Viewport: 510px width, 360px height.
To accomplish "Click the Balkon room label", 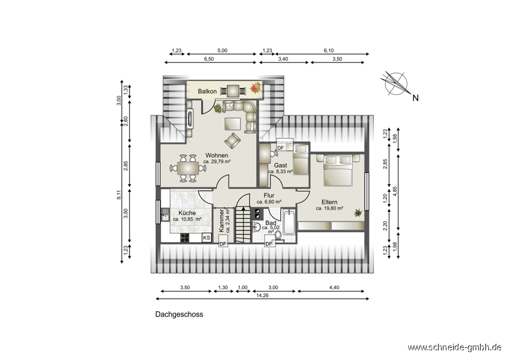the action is click(x=207, y=91).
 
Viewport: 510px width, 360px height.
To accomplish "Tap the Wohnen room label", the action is click(x=217, y=155).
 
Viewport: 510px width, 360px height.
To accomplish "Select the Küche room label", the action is click(x=187, y=213).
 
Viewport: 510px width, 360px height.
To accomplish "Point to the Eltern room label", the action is click(x=329, y=202).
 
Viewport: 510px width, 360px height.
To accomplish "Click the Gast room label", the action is click(x=280, y=165).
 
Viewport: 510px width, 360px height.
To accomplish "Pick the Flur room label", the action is click(x=269, y=196).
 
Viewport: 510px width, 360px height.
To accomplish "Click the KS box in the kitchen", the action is click(x=206, y=238).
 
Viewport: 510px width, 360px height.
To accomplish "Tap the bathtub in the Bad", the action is click(x=289, y=223).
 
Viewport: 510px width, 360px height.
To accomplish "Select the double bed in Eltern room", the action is click(x=338, y=170).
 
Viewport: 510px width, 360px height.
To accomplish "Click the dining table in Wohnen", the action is click(x=188, y=168).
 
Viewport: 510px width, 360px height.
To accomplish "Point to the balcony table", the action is click(x=233, y=91).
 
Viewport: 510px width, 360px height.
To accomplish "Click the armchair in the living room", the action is click(x=232, y=140).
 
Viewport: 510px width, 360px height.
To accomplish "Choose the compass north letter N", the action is click(x=415, y=98).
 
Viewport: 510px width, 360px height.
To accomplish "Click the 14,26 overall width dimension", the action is click(x=262, y=296).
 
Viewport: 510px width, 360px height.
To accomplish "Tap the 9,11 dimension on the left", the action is click(x=119, y=194).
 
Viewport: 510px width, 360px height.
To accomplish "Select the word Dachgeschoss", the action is click(x=179, y=314).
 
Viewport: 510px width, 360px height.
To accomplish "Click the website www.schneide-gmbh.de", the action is click(x=454, y=347).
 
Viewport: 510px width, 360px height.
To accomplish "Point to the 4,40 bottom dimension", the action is click(x=334, y=287).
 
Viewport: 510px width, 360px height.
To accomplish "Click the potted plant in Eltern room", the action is click(x=358, y=212).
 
